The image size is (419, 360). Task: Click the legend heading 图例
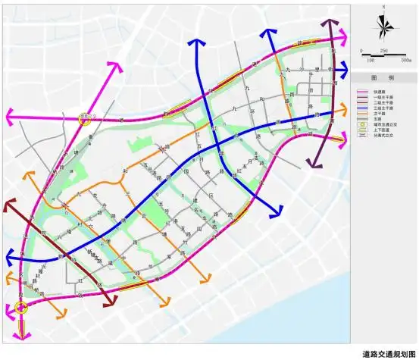tap(384, 78)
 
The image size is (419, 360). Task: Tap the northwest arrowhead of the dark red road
tap(8, 204)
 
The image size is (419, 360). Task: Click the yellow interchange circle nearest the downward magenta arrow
tap(21, 307)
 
